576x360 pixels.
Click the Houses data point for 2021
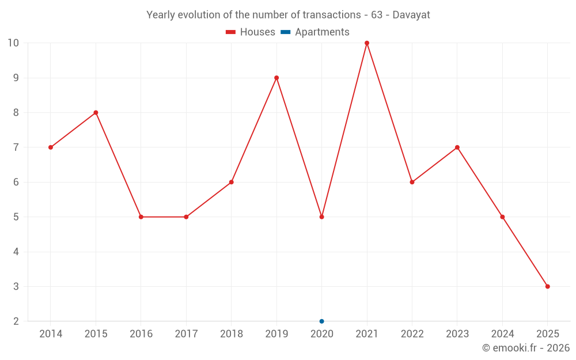pyautogui.click(x=367, y=43)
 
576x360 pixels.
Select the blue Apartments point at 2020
pyautogui.click(x=321, y=321)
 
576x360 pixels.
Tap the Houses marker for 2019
pyautogui.click(x=276, y=78)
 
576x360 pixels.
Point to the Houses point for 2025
pyautogui.click(x=547, y=286)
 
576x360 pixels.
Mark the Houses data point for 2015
pyautogui.click(x=96, y=112)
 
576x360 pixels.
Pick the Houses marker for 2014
pyautogui.click(x=51, y=147)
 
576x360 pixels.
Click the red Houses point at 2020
pyautogui.click(x=321, y=217)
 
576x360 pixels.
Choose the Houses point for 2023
pyautogui.click(x=457, y=147)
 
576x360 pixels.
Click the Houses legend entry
pyautogui.click(x=251, y=32)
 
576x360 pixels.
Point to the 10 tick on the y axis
pyautogui.click(x=13, y=43)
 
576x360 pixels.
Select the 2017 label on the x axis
pyautogui.click(x=186, y=334)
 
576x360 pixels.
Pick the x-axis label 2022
pyautogui.click(x=412, y=334)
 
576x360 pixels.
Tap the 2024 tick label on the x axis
pyautogui.click(x=502, y=334)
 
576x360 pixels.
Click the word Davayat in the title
pyautogui.click(x=411, y=15)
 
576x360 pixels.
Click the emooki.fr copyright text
pyautogui.click(x=525, y=348)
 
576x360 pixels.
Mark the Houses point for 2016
pyautogui.click(x=141, y=217)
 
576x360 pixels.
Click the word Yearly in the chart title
pyautogui.click(x=161, y=15)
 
